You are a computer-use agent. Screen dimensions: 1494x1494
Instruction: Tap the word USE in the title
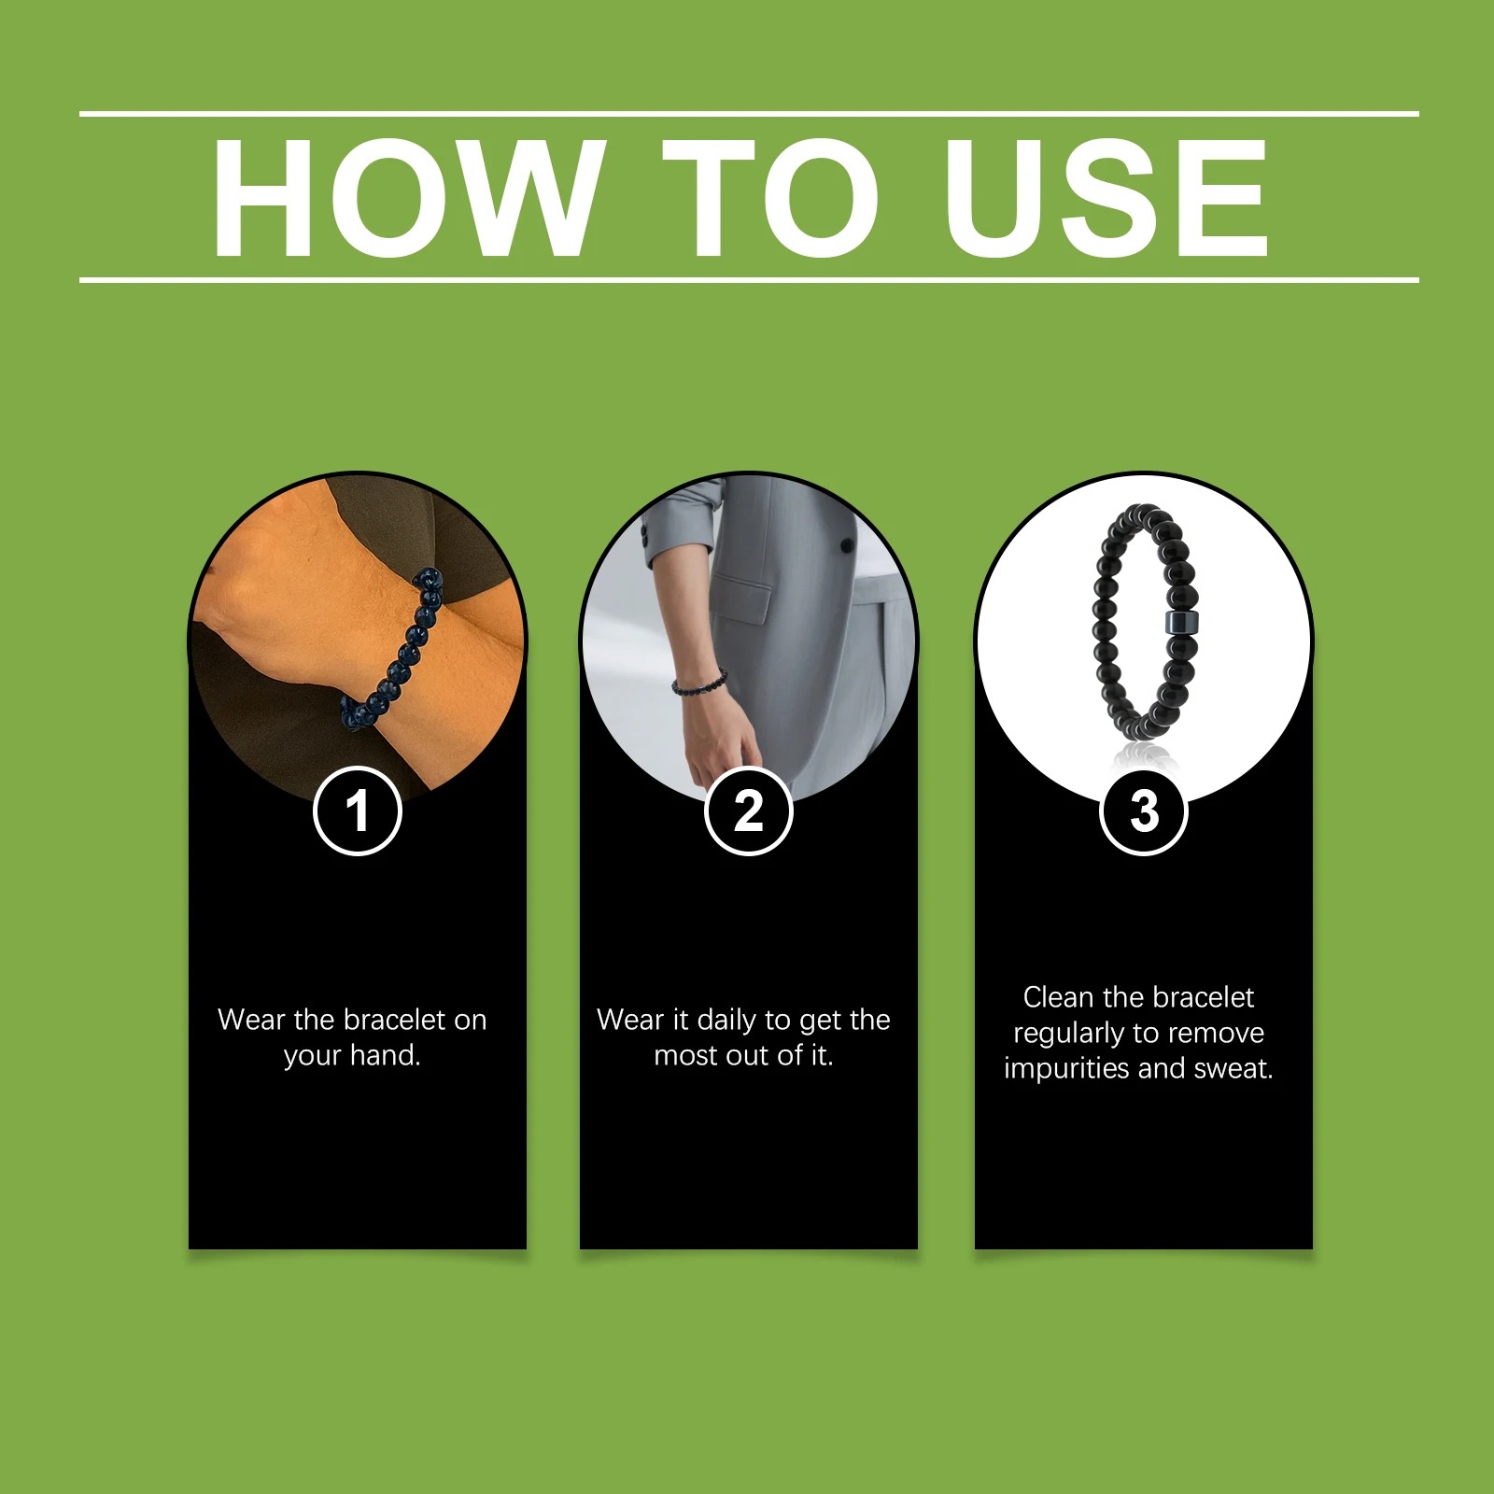pyautogui.click(x=1106, y=197)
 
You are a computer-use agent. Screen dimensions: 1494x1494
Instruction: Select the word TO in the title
pyautogui.click(x=770, y=197)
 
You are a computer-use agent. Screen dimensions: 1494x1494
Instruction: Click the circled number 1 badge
pyautogui.click(x=358, y=810)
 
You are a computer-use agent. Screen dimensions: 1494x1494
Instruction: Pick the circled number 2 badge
pyautogui.click(x=748, y=810)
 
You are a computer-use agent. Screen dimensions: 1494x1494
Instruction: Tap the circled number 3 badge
pyautogui.click(x=1144, y=810)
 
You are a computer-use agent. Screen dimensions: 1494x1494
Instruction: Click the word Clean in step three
pyautogui.click(x=1058, y=997)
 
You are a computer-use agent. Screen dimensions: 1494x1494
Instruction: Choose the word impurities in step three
pyautogui.click(x=1065, y=1069)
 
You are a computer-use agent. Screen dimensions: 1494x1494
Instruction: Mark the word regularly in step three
pyautogui.click(x=1069, y=1034)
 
